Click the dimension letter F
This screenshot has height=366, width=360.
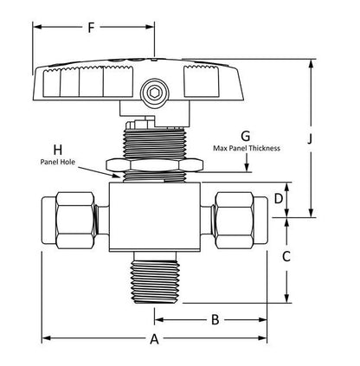[x=91, y=28]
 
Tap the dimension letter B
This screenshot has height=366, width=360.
[x=215, y=320]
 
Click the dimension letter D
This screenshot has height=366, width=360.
[x=279, y=199]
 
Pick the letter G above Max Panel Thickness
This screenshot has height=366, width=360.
[x=245, y=136]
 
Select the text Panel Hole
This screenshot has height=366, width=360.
[x=55, y=162]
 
